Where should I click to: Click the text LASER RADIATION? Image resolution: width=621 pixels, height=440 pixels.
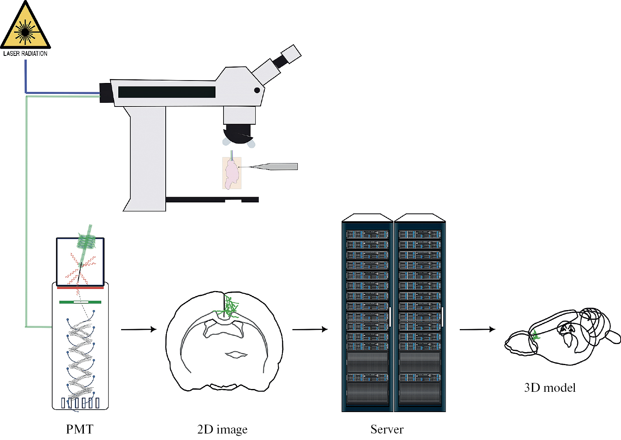[x=25, y=53]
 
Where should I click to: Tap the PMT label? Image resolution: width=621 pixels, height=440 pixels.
[x=79, y=429]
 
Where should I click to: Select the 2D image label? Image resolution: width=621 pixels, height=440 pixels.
[x=222, y=429]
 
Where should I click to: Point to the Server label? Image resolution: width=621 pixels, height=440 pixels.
[x=387, y=429]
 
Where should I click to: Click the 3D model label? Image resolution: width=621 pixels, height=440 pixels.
[x=550, y=388]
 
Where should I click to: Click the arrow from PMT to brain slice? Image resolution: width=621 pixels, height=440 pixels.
[x=139, y=329]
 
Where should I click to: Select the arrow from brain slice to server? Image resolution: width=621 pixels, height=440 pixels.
[x=310, y=329]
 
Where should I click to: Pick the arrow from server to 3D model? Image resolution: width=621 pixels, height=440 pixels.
[x=477, y=329]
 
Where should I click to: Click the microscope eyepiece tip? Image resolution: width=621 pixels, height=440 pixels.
[x=291, y=53]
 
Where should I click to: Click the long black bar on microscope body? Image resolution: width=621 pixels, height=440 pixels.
[x=166, y=92]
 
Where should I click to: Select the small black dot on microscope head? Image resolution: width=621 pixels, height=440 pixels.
[x=257, y=90]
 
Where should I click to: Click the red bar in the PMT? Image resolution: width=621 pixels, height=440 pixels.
[x=80, y=288]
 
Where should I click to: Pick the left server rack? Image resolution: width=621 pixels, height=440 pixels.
[x=367, y=316]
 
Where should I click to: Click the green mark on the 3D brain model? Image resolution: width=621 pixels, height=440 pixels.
[x=536, y=335]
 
